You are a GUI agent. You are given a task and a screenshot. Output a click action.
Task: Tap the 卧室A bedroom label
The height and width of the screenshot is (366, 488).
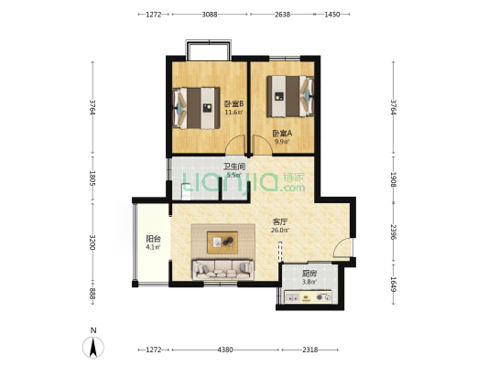tap(282, 134)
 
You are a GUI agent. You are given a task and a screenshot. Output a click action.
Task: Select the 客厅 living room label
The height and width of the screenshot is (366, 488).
tap(280, 221)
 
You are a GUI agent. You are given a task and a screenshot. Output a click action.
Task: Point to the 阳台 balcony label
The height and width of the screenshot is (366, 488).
tap(154, 239)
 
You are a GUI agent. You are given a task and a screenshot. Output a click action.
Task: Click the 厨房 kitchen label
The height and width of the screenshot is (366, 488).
tap(309, 274)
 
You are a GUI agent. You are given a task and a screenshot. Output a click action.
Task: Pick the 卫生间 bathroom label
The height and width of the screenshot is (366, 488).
tap(234, 167)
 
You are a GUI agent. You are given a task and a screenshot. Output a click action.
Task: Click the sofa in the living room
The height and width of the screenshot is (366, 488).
tap(222, 270)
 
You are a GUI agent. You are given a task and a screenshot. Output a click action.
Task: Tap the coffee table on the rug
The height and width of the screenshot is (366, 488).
tap(222, 242)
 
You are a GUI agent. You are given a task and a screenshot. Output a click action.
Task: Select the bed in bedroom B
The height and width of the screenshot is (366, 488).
tap(196, 108)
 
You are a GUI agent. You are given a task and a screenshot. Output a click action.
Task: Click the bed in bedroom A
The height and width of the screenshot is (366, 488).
tap(290, 96)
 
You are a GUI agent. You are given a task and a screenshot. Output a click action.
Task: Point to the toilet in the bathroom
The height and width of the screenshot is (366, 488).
tap(186, 192)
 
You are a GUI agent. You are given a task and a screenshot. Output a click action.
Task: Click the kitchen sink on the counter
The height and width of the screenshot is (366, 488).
tap(293, 297)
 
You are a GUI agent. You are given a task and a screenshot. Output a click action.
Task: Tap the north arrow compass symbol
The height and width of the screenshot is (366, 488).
tap(93, 347)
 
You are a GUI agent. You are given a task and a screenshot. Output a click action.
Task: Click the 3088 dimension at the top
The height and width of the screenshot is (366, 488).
tap(210, 15)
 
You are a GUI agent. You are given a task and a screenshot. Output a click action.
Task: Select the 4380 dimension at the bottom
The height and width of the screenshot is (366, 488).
tap(225, 350)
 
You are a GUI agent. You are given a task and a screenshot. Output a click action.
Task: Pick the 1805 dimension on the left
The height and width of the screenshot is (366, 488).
tap(92, 178)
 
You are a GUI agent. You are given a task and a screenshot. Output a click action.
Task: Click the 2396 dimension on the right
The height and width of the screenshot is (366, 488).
tap(394, 232)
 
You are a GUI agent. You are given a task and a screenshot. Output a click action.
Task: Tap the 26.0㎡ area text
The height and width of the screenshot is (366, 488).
tap(280, 231)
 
